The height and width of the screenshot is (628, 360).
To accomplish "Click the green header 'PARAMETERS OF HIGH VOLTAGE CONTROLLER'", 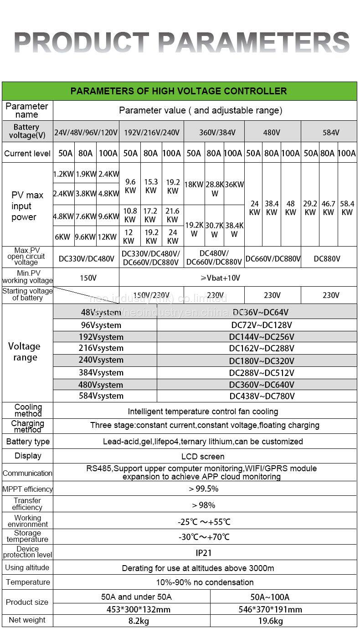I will click(179, 91).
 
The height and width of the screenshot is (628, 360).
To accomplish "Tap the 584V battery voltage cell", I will click(330, 133).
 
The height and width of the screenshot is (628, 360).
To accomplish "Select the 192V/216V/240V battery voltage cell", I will click(151, 133).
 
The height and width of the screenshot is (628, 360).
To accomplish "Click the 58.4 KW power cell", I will click(347, 208).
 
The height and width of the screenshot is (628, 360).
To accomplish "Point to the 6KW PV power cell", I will click(62, 237).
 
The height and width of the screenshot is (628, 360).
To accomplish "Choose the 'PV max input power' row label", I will click(27, 206).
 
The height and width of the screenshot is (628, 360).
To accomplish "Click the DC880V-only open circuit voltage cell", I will click(327, 258).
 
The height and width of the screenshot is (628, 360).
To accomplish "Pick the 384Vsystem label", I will click(101, 372).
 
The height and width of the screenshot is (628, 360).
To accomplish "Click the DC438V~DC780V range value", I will click(262, 396).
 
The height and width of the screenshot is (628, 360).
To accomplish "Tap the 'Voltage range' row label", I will click(25, 352).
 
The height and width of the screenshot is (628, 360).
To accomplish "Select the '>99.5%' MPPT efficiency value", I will click(203, 489).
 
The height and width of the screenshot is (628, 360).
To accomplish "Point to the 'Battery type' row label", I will click(28, 442).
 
